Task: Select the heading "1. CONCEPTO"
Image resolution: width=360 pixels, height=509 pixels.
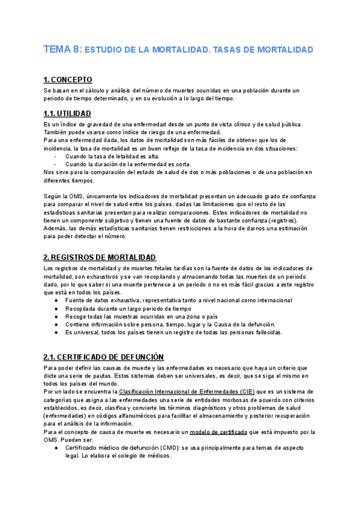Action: [x=68, y=79]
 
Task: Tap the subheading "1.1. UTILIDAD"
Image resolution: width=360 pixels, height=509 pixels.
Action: [x=67, y=113]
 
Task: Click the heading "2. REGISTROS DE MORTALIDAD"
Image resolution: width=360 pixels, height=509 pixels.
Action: [x=100, y=257]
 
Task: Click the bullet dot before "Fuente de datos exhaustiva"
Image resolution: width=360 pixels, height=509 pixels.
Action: [x=56, y=300]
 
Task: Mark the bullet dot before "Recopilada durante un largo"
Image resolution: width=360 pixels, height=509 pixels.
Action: [x=56, y=309]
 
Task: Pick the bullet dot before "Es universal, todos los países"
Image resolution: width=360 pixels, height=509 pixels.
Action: [x=56, y=333]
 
